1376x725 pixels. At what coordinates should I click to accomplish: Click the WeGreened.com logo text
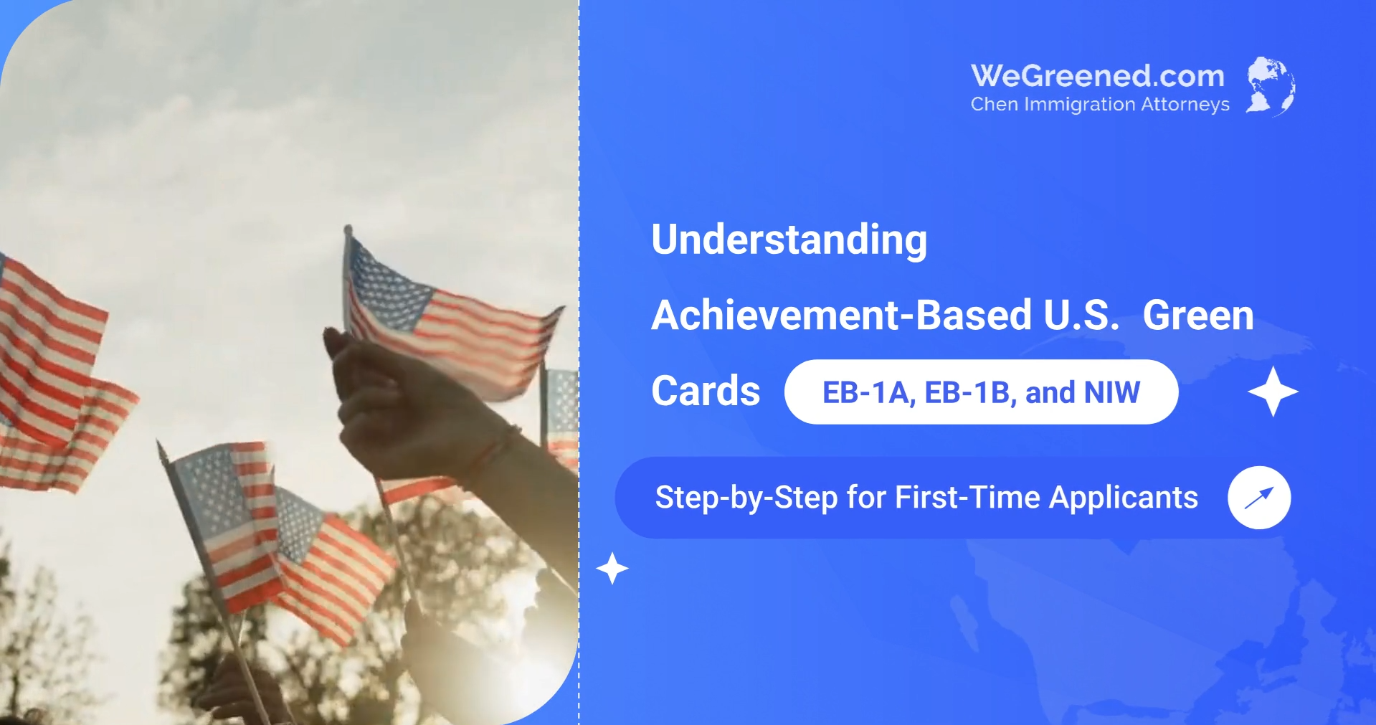pyautogui.click(x=1098, y=76)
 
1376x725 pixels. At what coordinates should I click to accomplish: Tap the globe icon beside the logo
pyautogui.click(x=1271, y=86)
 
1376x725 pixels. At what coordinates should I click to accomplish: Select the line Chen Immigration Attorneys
pyautogui.click(x=1100, y=105)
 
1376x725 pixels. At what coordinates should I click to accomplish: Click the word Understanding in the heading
pyautogui.click(x=789, y=240)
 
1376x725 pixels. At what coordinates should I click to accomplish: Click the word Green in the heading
pyautogui.click(x=1198, y=316)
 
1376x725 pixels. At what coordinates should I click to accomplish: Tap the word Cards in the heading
pyautogui.click(x=706, y=391)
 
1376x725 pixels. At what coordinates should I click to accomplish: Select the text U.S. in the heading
pyautogui.click(x=1081, y=316)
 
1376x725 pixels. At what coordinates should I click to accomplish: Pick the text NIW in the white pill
pyautogui.click(x=1112, y=392)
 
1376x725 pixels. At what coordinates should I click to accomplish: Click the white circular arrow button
pyautogui.click(x=1259, y=498)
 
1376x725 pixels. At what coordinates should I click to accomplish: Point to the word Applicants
pyautogui.click(x=1124, y=498)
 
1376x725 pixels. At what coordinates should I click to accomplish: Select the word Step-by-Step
pyautogui.click(x=746, y=498)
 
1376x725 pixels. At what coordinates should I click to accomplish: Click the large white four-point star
pyautogui.click(x=1273, y=392)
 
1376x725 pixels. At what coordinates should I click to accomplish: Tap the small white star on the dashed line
pyautogui.click(x=612, y=569)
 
